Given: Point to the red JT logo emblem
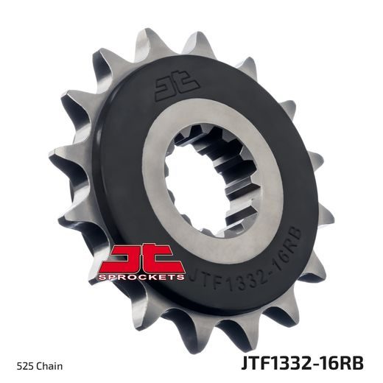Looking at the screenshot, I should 145,261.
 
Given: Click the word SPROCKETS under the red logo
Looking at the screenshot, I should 146,277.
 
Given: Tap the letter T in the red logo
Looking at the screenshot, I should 164,259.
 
